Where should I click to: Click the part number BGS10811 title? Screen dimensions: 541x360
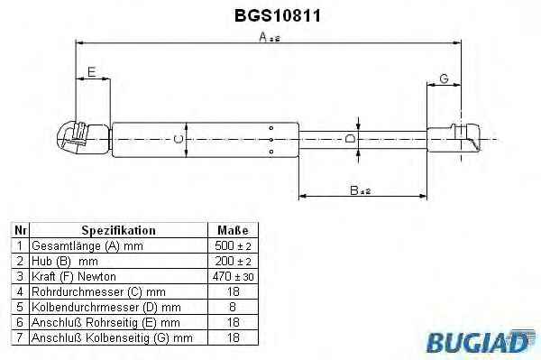coord(278,15)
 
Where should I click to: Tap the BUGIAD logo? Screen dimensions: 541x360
coord(481,341)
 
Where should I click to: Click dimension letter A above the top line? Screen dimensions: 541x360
coord(263,36)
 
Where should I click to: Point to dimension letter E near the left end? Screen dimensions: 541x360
coord(91,72)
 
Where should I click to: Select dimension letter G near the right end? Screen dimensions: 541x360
coord(444,78)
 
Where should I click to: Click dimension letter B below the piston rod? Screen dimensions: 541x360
coord(354,189)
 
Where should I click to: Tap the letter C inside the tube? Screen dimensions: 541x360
coord(178,139)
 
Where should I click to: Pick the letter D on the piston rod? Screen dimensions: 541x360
coord(350,139)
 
